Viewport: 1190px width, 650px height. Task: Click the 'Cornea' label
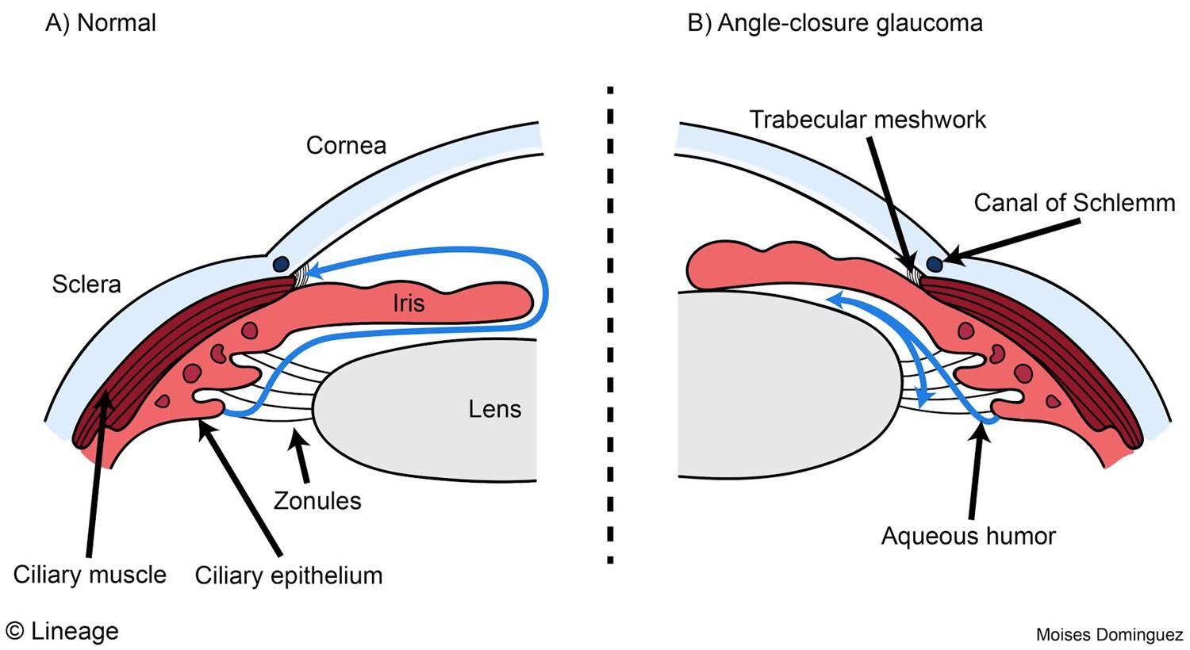point(346,145)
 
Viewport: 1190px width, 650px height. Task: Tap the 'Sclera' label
point(86,284)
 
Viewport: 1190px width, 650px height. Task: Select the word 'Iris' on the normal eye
point(408,303)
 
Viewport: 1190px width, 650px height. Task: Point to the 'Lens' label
point(494,409)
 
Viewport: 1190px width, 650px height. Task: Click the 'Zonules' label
point(317,501)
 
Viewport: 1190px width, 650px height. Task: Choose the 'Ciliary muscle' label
point(90,575)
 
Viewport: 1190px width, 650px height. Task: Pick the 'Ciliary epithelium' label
point(289,575)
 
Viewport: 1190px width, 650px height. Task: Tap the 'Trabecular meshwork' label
point(867,120)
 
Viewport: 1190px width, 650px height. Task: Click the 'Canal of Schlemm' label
point(1074,203)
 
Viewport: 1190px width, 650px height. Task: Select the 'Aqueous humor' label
point(968,537)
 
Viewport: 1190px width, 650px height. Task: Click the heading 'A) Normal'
point(101,23)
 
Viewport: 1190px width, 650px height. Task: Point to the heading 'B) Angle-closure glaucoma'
point(835,23)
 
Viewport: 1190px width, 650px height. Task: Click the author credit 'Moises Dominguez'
point(1109,635)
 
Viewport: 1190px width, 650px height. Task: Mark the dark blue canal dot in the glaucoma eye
point(935,262)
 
